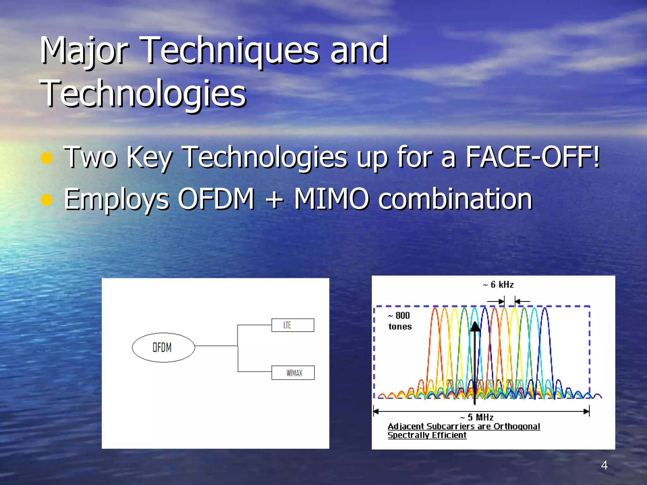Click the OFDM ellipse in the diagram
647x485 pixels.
point(163,347)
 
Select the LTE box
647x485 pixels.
point(293,325)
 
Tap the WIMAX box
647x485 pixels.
point(293,373)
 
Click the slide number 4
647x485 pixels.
point(604,465)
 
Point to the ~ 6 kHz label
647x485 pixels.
point(498,285)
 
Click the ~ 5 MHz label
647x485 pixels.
point(477,417)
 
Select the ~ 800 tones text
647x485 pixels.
point(400,321)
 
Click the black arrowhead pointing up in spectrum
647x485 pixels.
point(475,327)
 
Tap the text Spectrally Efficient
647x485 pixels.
point(427,435)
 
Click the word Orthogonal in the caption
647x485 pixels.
point(517,427)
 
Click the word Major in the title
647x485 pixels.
point(84,51)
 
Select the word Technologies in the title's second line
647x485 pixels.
point(143,93)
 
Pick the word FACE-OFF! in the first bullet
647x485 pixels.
point(532,157)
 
